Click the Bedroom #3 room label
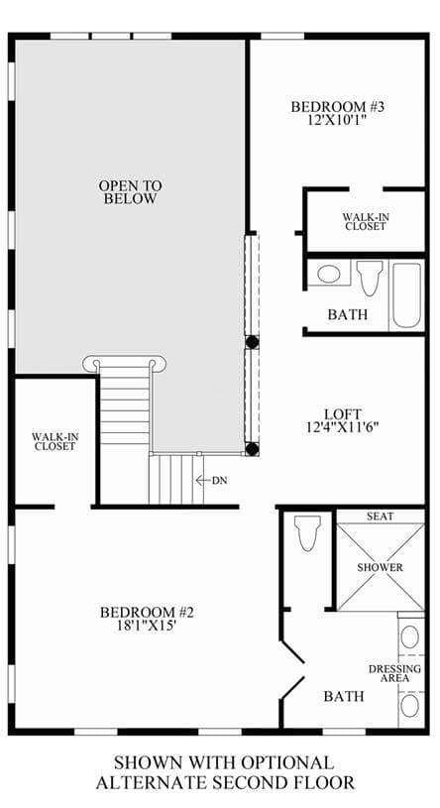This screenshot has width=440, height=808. click(338, 107)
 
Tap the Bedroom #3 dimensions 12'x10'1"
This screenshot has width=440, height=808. click(339, 120)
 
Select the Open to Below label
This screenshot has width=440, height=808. click(131, 192)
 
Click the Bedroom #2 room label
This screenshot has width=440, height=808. click(147, 613)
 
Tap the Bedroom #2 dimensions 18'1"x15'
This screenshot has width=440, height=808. click(147, 625)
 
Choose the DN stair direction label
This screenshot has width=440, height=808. click(219, 480)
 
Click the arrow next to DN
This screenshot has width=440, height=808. click(202, 480)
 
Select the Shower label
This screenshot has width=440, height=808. click(381, 567)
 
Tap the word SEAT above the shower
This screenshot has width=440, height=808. click(381, 516)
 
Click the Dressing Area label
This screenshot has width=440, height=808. click(394, 673)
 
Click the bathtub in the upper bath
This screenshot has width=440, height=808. click(406, 295)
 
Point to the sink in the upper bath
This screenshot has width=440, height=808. click(329, 273)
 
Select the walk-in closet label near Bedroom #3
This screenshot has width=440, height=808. click(366, 221)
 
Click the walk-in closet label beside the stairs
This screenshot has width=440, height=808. click(55, 441)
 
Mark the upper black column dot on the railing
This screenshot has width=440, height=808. click(252, 342)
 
